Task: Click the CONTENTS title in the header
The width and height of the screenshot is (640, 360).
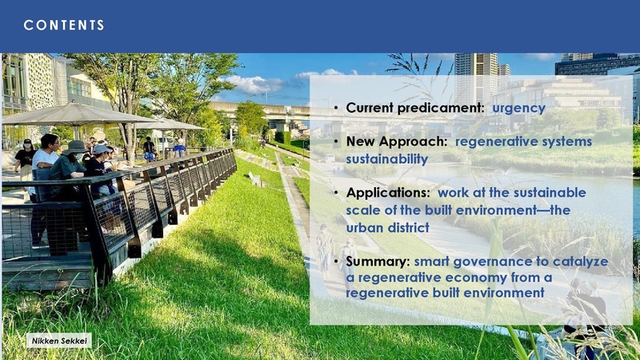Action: tap(64, 26)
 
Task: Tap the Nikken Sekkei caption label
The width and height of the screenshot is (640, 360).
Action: tap(60, 341)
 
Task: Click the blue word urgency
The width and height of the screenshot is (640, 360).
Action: tap(518, 108)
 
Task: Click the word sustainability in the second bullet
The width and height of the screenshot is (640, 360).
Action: tap(386, 159)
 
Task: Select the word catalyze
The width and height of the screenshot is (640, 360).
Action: tap(578, 262)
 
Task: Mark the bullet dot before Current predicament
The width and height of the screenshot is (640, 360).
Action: tap(338, 108)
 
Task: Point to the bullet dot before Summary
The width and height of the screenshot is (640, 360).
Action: tap(338, 262)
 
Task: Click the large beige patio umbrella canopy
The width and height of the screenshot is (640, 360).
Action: tap(76, 114)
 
